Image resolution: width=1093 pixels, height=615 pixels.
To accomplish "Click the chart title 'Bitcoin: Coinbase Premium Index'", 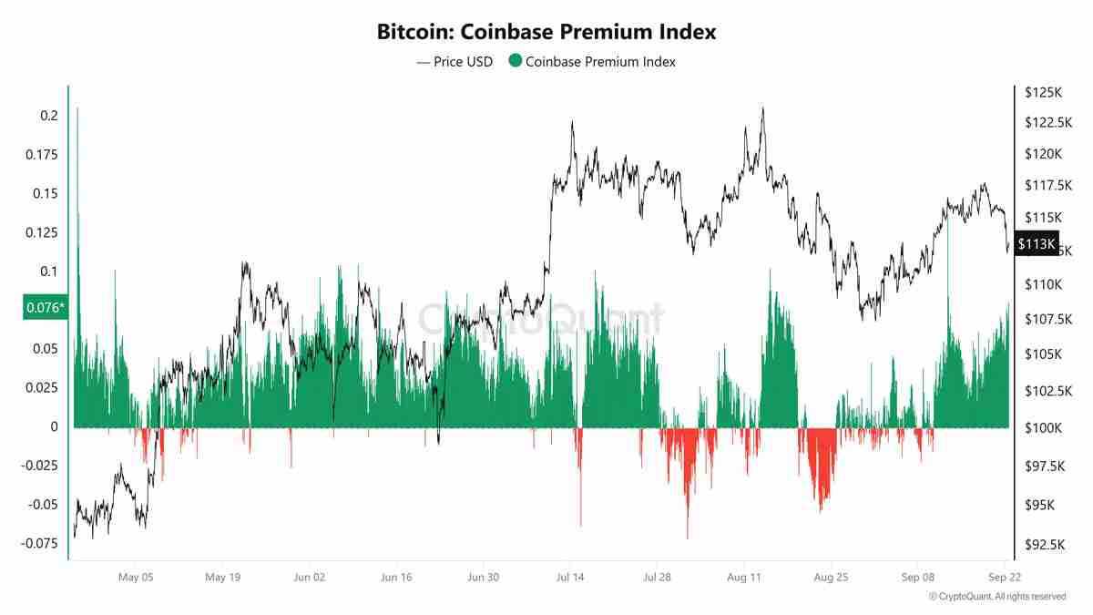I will click(546, 32).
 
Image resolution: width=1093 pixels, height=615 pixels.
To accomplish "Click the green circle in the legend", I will click(515, 62).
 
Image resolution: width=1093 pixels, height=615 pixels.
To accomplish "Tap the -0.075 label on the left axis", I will click(40, 543).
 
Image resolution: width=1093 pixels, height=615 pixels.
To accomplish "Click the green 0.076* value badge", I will click(45, 308).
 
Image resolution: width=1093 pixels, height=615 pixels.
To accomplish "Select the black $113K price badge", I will click(1037, 244).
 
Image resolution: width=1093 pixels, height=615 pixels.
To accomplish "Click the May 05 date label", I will click(134, 577).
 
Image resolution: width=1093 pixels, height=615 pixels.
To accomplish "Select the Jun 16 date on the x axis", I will click(396, 577).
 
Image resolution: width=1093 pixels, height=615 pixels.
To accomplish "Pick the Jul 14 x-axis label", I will click(569, 577).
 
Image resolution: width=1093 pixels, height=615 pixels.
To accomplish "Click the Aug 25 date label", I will click(832, 577).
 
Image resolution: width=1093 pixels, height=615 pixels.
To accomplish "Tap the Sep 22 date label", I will click(1006, 577).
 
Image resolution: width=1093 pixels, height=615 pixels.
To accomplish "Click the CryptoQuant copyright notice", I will click(997, 597).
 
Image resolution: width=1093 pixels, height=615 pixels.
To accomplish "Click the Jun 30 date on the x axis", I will click(483, 577).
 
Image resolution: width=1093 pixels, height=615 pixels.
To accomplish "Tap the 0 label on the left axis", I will click(55, 427).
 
